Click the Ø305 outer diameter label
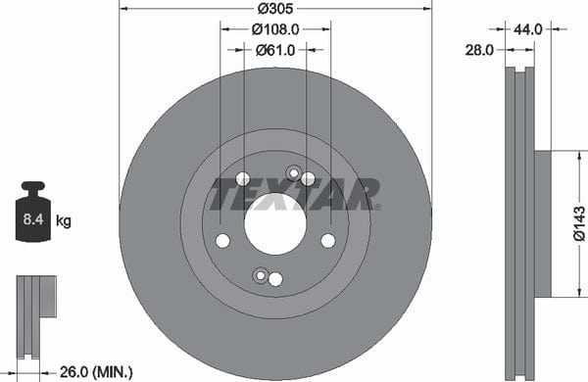[x=275, y=8]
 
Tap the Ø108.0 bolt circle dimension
[x=275, y=29]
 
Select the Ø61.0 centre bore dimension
[x=275, y=50]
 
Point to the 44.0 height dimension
[x=527, y=28]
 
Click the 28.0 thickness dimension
[x=479, y=50]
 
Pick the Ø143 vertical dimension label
[x=579, y=223]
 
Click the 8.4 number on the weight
[x=33, y=219]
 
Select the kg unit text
[x=64, y=220]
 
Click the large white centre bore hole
[x=275, y=224]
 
